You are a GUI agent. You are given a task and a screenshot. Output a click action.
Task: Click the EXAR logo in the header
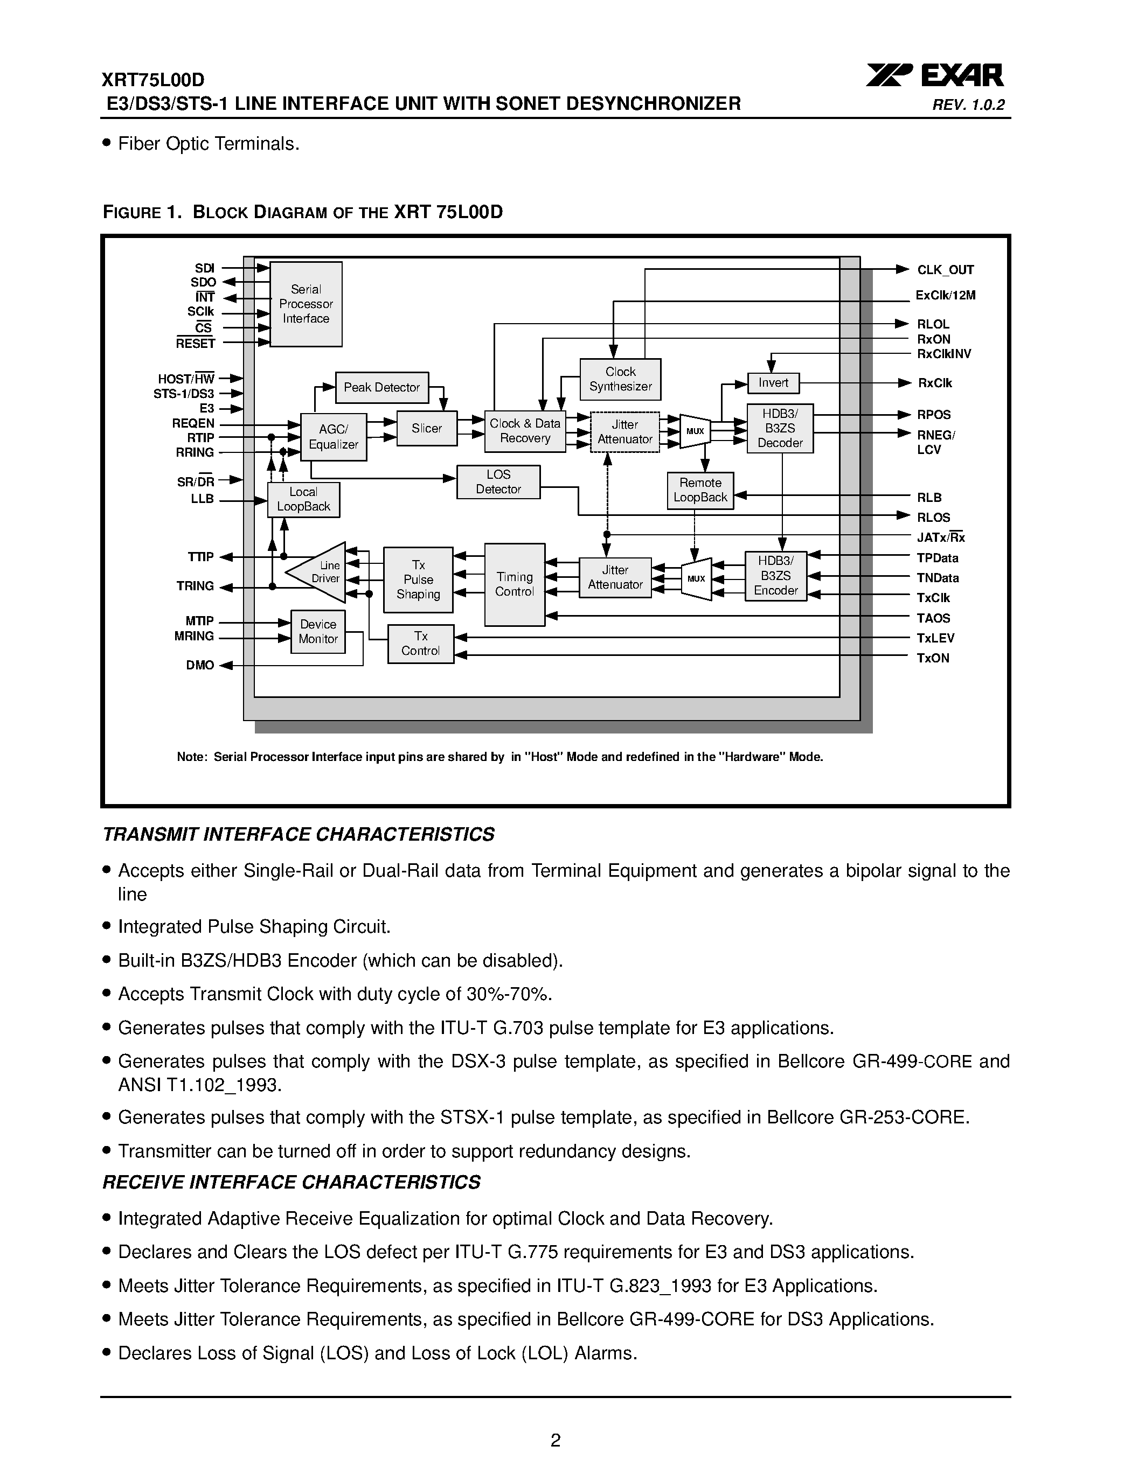935,75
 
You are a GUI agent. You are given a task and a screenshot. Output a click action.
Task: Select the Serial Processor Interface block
306,304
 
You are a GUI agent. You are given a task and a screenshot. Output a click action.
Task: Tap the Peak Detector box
382,387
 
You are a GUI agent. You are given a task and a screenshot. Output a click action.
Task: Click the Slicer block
427,429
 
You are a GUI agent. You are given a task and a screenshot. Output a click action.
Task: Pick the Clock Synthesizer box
620,379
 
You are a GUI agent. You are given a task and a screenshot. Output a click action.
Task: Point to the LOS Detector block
498,481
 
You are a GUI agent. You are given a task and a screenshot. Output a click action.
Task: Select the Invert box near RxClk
773,383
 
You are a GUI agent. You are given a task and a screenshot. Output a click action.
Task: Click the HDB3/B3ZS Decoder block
780,429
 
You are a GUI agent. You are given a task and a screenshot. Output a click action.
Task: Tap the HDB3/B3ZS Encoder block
776,576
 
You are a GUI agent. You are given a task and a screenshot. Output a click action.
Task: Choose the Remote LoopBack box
700,490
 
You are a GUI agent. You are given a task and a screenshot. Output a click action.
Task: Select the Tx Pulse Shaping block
419,580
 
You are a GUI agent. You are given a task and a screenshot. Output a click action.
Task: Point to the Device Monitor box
318,631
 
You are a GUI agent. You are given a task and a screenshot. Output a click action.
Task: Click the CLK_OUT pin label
946,270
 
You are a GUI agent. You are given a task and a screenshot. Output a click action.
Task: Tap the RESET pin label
196,344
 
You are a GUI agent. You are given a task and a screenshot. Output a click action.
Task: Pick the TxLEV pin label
935,638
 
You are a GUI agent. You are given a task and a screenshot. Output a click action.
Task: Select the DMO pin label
200,665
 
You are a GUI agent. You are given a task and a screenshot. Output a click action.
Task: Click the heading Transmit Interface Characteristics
299,834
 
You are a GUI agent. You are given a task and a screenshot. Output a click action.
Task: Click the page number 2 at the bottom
556,1440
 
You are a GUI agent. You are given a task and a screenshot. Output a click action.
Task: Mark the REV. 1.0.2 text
969,105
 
